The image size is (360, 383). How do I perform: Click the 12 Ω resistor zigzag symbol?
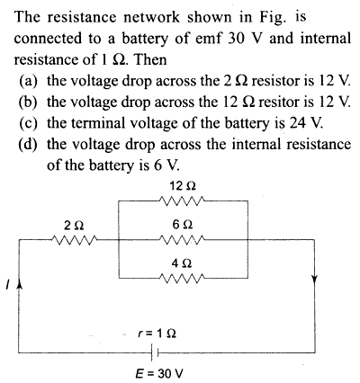point(183,200)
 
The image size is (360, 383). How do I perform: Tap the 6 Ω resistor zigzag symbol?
point(183,239)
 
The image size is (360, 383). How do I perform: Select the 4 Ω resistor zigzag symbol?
point(183,278)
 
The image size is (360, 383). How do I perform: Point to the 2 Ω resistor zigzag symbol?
point(74,239)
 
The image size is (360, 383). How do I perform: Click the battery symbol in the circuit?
point(155,352)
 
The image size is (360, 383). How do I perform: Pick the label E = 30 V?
point(158,374)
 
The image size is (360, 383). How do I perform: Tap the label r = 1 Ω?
point(157,333)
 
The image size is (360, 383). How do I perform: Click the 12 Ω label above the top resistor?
point(183,186)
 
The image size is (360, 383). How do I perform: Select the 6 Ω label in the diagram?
point(183,225)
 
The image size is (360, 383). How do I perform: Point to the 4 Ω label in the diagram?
point(182,263)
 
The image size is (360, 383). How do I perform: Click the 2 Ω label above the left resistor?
point(74,225)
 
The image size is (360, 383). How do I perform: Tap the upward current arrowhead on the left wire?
point(20,283)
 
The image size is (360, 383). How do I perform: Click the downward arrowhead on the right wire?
point(314,279)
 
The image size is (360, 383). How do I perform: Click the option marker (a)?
point(29,81)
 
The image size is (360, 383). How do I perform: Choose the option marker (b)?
point(29,102)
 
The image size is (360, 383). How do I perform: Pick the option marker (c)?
point(29,123)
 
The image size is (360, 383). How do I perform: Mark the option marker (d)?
point(29,145)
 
